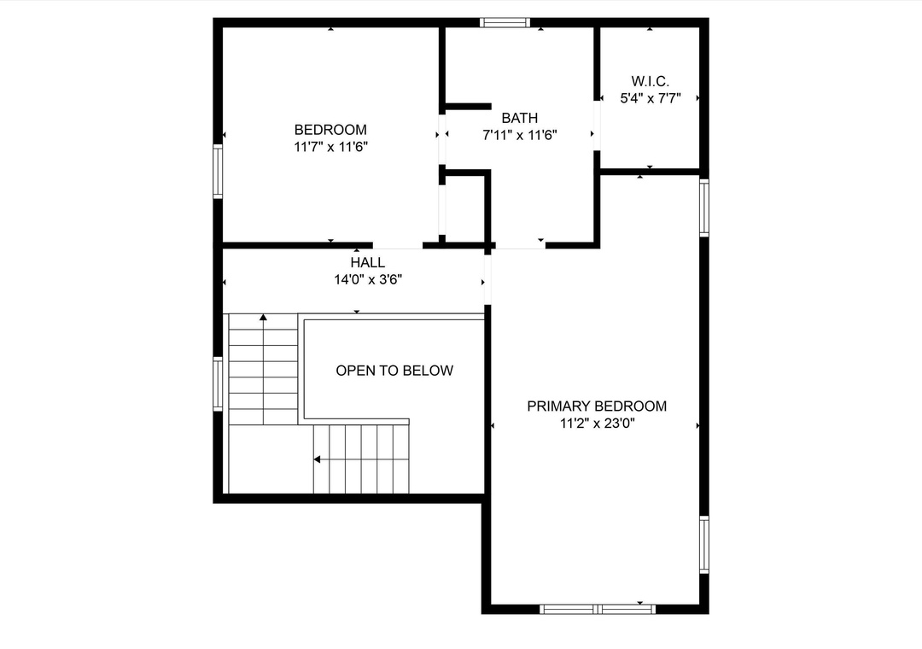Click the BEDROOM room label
[330, 130]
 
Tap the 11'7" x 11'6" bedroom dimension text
[331, 147]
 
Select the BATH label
[520, 118]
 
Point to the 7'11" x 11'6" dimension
[520, 135]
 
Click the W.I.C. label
[651, 81]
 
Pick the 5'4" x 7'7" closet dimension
[651, 98]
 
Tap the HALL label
[368, 262]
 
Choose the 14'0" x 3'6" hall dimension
[368, 279]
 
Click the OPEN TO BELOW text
[394, 370]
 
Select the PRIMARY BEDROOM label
[597, 406]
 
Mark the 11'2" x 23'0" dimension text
[598, 423]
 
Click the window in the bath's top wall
[505, 22]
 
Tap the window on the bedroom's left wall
[218, 172]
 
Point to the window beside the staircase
[218, 384]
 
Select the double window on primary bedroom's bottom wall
[598, 609]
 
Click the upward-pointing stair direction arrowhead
[264, 317]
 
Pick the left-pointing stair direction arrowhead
[317, 459]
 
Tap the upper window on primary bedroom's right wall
[703, 208]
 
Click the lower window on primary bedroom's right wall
[703, 544]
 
